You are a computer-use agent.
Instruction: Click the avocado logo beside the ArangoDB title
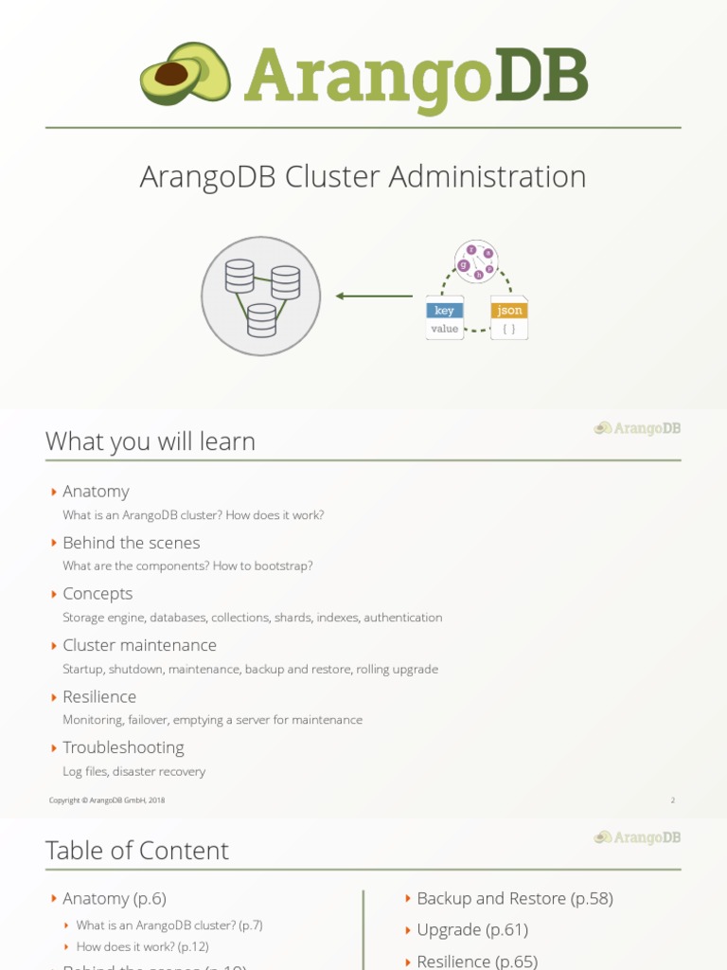pyautogui.click(x=186, y=74)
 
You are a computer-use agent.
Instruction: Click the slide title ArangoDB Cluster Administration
pyautogui.click(x=363, y=177)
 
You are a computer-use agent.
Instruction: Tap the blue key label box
pyautogui.click(x=444, y=311)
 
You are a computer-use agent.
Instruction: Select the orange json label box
pyautogui.click(x=509, y=311)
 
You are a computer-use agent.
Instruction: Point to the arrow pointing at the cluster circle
pyautogui.click(x=374, y=296)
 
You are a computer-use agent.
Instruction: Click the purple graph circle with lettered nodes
pyautogui.click(x=476, y=261)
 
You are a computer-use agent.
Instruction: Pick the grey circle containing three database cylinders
pyautogui.click(x=261, y=296)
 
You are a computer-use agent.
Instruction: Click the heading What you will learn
pyautogui.click(x=150, y=441)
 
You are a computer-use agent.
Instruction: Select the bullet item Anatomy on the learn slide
pyautogui.click(x=96, y=491)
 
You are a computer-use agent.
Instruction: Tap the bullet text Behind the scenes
pyautogui.click(x=131, y=543)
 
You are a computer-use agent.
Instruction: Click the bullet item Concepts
pyautogui.click(x=98, y=594)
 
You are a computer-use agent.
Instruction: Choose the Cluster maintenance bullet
pyautogui.click(x=139, y=645)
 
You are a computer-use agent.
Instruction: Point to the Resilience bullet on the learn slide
pyautogui.click(x=99, y=696)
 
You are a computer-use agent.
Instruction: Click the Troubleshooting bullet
pyautogui.click(x=123, y=747)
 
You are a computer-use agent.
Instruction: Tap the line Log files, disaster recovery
pyautogui.click(x=133, y=772)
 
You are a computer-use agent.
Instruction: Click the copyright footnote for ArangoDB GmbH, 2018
pyautogui.click(x=107, y=800)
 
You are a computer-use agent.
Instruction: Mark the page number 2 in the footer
pyautogui.click(x=673, y=800)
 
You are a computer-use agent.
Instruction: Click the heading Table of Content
pyautogui.click(x=137, y=851)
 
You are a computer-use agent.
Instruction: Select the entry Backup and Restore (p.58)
pyautogui.click(x=514, y=898)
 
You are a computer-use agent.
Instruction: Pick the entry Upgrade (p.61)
pyautogui.click(x=472, y=930)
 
